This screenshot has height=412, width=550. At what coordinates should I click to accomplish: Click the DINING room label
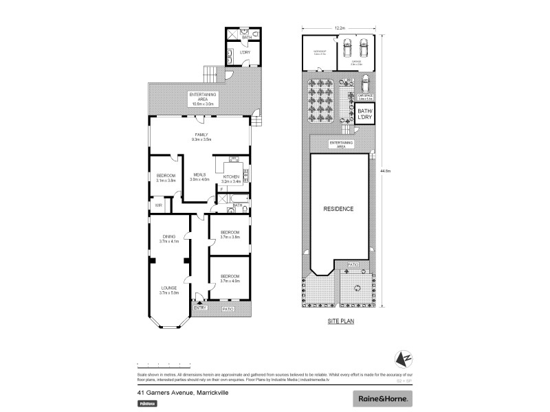(169, 238)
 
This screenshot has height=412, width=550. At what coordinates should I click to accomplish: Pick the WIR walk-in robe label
(158, 205)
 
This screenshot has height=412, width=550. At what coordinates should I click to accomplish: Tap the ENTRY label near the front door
(200, 308)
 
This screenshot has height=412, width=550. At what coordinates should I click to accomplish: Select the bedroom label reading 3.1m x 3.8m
(166, 178)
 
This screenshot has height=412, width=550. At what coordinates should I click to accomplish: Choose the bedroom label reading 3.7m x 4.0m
(230, 278)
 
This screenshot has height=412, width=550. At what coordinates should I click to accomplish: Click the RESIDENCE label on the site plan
(338, 209)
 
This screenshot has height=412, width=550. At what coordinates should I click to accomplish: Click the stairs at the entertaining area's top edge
(208, 73)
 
